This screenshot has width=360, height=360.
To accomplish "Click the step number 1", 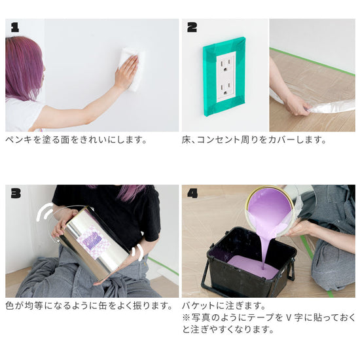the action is coord(15,27).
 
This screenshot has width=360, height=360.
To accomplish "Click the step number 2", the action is coord(192,27).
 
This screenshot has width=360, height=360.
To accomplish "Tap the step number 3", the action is coord(16,193).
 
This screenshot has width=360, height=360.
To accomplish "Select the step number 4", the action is coord(192,193).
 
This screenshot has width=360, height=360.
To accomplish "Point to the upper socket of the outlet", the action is coord(226,65).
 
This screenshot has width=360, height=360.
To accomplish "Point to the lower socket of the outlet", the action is coord(226,89).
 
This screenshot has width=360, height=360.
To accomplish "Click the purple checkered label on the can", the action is coord(92,241).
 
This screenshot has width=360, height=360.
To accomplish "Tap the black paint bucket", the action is coord(248,262).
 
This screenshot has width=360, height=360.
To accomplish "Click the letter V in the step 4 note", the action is coord(288,317).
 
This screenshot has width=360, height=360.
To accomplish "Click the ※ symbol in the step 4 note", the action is coord(187,317).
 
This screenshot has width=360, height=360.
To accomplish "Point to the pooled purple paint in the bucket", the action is coord(253,266).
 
